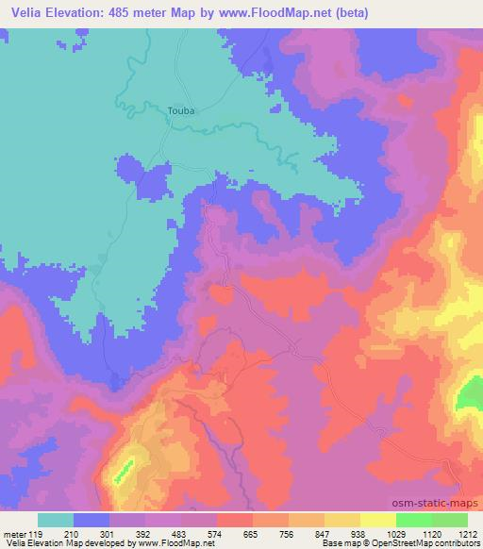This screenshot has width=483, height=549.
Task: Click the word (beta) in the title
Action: point(347,13)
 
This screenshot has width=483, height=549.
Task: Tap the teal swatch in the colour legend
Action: point(56,520)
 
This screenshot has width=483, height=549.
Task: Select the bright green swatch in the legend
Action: point(413,520)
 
